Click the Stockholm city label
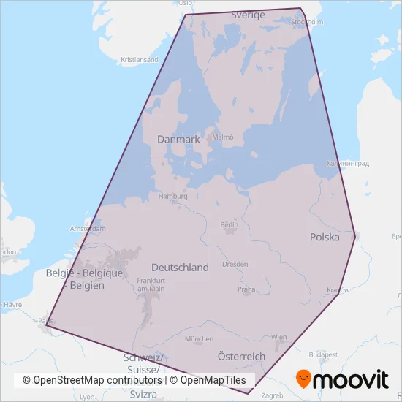click(307, 22)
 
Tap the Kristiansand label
click(140, 59)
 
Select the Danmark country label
click(178, 139)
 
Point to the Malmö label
click(223, 137)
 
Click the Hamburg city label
click(173, 197)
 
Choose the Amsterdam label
click(88, 229)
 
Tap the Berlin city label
click(230, 225)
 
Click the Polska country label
click(325, 238)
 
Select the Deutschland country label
click(180, 268)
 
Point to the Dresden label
click(235, 264)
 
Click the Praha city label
click(246, 289)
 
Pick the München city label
click(199, 339)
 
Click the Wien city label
click(279, 337)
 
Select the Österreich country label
click(242, 356)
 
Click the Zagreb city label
click(271, 395)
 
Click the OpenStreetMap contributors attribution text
click(92, 380)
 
